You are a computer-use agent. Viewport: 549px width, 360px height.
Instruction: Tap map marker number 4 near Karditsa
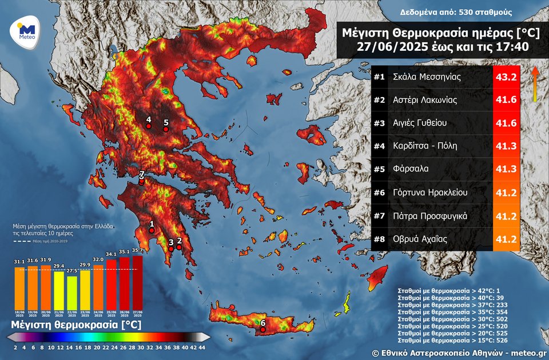coord(148,127)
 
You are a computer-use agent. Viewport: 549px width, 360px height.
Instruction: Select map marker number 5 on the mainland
coord(166,129)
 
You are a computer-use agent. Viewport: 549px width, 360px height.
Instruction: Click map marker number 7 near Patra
coord(142,181)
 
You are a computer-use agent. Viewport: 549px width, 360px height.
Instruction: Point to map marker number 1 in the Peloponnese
coord(152,230)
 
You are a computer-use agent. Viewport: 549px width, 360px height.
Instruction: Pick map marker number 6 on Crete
coord(262,329)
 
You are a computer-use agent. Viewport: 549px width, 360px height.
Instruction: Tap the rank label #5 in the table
coord(379,169)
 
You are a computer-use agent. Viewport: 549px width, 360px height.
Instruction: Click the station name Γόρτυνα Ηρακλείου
coord(431,193)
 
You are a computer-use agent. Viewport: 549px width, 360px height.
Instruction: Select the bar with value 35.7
coord(137,283)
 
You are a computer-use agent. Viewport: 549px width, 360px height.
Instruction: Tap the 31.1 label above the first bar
coord(19,262)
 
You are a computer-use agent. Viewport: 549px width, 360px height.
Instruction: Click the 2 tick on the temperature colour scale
coord(15,347)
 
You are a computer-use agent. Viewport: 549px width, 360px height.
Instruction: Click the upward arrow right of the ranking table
coord(535,83)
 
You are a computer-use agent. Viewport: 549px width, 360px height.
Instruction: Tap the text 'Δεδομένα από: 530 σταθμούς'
coord(448,12)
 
